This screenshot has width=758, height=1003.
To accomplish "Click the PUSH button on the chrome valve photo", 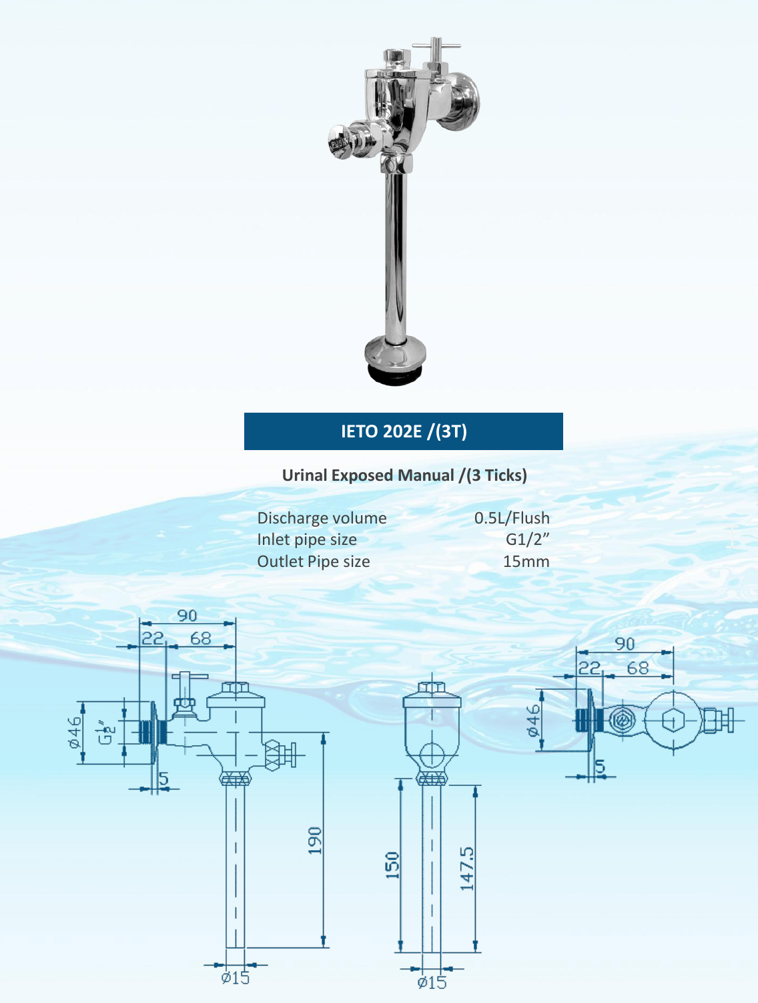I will (x=339, y=143).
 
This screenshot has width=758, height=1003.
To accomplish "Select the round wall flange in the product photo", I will (x=466, y=100).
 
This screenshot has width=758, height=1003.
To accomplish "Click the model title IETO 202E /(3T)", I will (x=404, y=431).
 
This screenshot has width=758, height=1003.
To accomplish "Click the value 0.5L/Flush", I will (x=512, y=518).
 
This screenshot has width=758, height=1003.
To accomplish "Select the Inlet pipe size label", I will (x=307, y=540).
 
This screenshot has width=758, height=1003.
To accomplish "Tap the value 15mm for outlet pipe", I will (x=526, y=562).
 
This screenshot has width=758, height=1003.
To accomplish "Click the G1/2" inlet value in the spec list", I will (x=527, y=540).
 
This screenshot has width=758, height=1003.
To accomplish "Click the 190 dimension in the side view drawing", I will (x=315, y=840).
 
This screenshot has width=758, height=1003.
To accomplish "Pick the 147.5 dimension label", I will (x=466, y=869).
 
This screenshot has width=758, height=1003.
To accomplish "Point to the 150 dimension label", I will (x=392, y=865).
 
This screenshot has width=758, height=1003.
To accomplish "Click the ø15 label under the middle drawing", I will (x=432, y=982).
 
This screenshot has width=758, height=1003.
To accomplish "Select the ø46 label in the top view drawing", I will (x=533, y=721).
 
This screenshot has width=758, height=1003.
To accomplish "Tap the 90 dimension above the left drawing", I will (x=187, y=615).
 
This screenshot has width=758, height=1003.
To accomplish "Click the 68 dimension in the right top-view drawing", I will (x=637, y=668).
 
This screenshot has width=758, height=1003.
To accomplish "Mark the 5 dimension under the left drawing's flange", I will (x=163, y=779).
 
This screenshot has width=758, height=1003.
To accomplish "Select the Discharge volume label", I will (x=322, y=518).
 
